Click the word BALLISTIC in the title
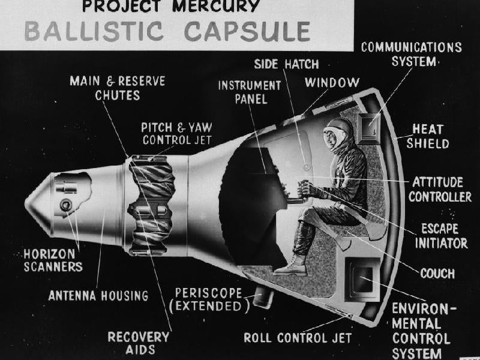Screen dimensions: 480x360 click(x=94, y=31)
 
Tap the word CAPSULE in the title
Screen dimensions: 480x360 click(x=247, y=31)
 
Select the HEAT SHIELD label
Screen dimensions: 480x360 click(x=428, y=136)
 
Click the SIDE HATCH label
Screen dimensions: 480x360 click(x=286, y=64)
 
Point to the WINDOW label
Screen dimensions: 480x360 click(x=332, y=82)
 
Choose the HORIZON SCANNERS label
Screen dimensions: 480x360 click(x=53, y=260)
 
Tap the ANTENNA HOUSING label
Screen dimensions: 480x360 click(x=98, y=296)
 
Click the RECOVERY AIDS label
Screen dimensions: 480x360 click(x=139, y=343)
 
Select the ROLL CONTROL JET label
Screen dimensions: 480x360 click(x=298, y=338)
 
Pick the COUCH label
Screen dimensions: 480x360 click(x=437, y=274)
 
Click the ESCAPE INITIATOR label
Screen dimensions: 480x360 click(x=441, y=236)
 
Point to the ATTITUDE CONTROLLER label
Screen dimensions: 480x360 click(x=440, y=189)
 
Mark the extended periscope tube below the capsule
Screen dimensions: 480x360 click(x=263, y=298)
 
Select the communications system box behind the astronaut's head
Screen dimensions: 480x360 click(x=369, y=128)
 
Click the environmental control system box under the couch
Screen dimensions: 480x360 click(x=363, y=279)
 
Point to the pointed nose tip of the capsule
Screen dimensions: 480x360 click(x=26, y=203)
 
